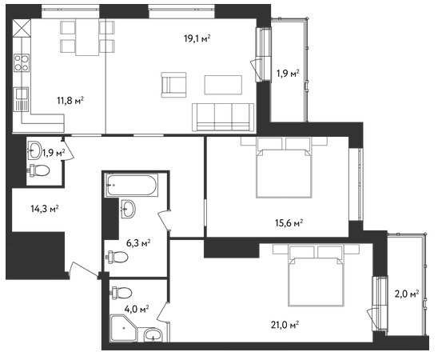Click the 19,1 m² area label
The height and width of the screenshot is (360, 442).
coord(197,38)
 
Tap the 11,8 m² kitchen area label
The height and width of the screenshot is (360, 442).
coord(70,100)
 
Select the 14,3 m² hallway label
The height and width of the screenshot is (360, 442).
coord(45,209)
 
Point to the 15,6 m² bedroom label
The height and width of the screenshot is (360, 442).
coord(289,223)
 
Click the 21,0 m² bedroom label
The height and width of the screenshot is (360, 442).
coord(285,325)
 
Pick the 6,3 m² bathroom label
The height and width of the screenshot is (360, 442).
coord(138,242)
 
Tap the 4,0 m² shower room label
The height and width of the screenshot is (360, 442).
coord(137,310)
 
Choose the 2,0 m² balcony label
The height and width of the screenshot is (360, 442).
coord(407,294)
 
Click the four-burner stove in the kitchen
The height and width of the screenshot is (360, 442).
coord(22,62)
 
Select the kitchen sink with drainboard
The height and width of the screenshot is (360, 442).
coord(21,99)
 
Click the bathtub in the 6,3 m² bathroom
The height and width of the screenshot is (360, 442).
coord(131,185)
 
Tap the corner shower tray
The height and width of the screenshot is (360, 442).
coord(123,329)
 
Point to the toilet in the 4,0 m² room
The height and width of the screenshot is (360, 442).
coord(121,293)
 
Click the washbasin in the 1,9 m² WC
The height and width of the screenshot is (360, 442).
coord(34,150)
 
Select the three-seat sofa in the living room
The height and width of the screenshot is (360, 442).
coord(223,117)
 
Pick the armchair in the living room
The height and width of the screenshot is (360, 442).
coord(173,85)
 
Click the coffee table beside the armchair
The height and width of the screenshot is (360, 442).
coord(223,85)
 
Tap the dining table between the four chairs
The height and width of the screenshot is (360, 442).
coord(87,37)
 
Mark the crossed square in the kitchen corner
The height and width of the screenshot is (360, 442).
coord(22,28)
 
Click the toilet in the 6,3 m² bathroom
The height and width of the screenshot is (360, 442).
coord(117,257)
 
